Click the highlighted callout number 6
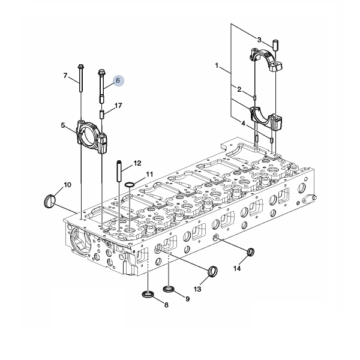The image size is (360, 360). pos(118,80)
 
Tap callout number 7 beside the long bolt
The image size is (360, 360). pos(65,76)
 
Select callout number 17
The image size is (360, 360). pos(118,106)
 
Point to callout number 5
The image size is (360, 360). pos(63,125)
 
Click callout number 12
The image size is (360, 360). pos(137,163)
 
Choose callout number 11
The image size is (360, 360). pos(149,174)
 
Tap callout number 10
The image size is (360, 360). pos(67,185)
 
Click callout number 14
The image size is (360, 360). pos(237,268)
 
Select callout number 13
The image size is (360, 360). pos(197,289)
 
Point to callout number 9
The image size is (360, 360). pos(188,299)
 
